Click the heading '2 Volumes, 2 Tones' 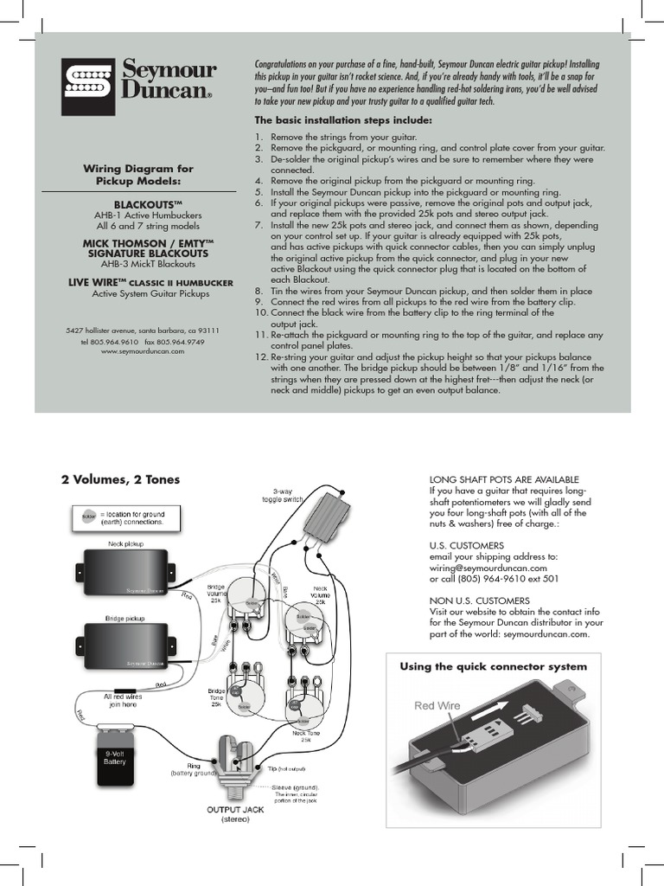[x=120, y=480]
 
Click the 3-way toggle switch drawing [x=327, y=521]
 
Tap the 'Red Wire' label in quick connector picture [x=437, y=706]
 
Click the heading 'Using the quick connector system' [x=493, y=666]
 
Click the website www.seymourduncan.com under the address [x=143, y=351]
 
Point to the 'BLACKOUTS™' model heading [x=151, y=202]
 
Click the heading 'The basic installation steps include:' [x=342, y=120]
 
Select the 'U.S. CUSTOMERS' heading [x=466, y=546]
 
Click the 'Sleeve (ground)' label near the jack [x=292, y=787]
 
